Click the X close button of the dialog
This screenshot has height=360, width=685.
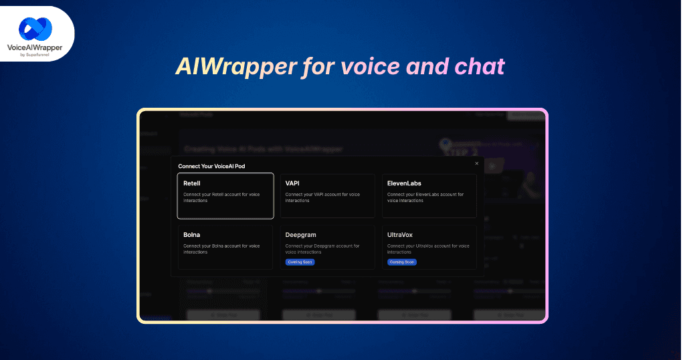point(476,163)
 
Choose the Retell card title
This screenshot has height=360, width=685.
point(192,183)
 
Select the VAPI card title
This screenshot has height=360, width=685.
point(292,183)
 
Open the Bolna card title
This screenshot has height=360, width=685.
point(191,235)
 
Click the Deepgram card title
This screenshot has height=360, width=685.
point(300,235)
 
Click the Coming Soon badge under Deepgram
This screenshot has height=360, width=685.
point(300,262)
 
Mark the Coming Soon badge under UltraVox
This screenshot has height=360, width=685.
point(402,262)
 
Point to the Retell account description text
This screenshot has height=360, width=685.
point(221,197)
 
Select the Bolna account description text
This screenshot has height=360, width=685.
point(221,249)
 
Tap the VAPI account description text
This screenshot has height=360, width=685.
point(322,197)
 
